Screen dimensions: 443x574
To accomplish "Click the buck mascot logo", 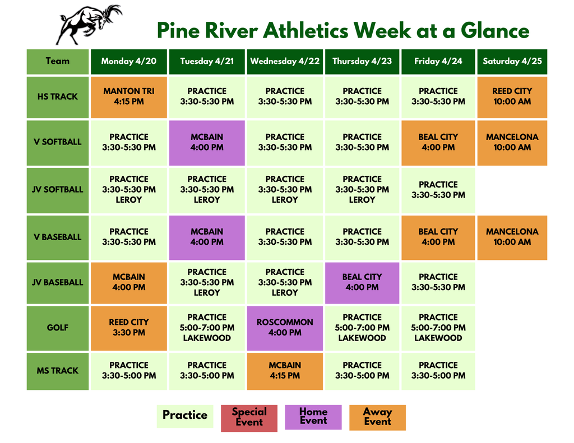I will (89, 24).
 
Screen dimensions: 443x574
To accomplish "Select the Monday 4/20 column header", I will (129, 62).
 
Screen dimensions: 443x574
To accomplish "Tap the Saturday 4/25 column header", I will (512, 62).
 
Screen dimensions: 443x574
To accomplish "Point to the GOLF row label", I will (58, 328).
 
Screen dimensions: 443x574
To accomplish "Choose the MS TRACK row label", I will (58, 371).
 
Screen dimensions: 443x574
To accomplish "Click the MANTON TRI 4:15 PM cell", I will (129, 96).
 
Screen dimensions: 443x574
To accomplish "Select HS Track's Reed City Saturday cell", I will (512, 96).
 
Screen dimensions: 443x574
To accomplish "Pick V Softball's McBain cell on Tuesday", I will (207, 142).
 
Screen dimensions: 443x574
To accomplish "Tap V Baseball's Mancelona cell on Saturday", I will (512, 237).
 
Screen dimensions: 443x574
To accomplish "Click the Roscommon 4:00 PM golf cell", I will (285, 328).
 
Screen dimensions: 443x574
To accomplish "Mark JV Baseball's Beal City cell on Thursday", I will (362, 282).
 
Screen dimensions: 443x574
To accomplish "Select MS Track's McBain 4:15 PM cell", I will (285, 371).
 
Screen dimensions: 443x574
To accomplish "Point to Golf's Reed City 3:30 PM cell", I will (129, 328).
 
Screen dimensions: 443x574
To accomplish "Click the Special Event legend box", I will (249, 417).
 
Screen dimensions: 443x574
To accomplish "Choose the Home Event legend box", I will (313, 417).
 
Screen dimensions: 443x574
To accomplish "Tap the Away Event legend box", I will (377, 417).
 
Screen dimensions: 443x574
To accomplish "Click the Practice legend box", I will (185, 416).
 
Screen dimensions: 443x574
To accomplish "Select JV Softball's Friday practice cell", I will (438, 190).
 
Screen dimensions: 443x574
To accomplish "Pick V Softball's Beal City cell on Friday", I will (438, 142).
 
